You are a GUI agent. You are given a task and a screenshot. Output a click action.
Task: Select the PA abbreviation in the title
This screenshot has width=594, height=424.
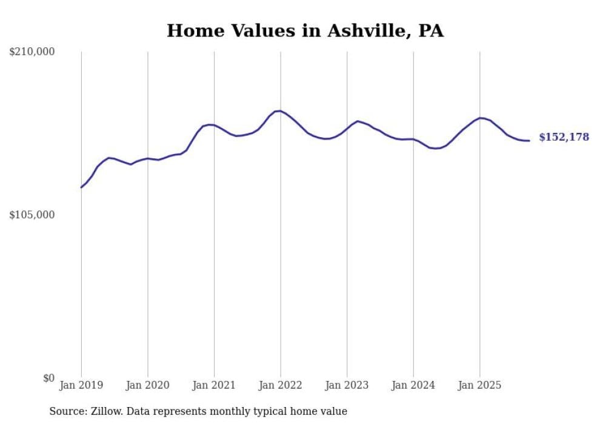(x=430, y=31)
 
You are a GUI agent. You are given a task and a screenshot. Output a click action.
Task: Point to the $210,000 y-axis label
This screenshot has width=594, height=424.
(x=32, y=52)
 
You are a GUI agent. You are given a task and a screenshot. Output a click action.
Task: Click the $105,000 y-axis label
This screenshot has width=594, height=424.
(x=32, y=215)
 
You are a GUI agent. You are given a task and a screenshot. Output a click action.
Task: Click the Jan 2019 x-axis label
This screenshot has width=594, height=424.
(x=81, y=385)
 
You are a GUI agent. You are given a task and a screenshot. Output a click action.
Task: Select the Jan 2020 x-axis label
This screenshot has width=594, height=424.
(x=147, y=385)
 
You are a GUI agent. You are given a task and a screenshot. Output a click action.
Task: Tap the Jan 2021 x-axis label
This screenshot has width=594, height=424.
(x=214, y=385)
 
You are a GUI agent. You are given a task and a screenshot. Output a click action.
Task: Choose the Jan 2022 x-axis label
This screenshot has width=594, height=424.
(x=280, y=385)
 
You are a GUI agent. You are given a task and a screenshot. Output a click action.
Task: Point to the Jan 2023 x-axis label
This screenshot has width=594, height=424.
(x=347, y=385)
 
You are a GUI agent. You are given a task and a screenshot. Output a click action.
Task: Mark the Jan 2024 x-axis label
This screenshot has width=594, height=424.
(x=413, y=385)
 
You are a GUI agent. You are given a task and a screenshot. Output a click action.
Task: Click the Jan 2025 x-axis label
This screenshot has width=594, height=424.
(x=479, y=385)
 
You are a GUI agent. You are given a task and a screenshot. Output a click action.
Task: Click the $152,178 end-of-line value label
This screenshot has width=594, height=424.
(x=564, y=138)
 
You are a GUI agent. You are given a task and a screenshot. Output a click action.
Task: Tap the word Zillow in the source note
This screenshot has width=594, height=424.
(x=105, y=411)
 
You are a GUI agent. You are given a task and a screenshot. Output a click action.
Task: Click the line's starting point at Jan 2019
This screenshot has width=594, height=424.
(x=81, y=187)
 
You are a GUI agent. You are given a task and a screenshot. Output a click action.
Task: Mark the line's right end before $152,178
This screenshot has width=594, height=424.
(x=529, y=141)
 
